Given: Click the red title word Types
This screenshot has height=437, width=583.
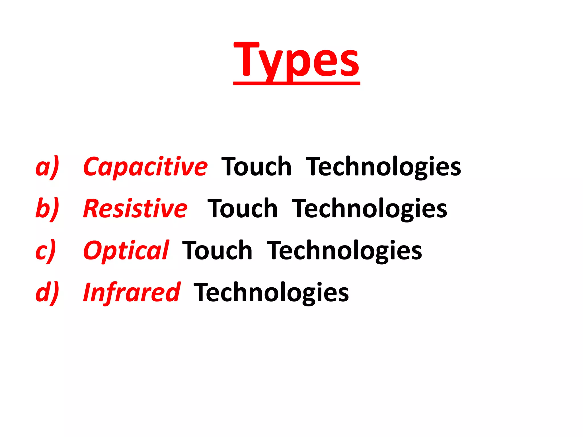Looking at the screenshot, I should click(x=297, y=60).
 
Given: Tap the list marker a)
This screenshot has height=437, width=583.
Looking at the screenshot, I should click(x=47, y=167).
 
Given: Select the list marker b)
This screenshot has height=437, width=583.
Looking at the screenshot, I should click(x=47, y=209).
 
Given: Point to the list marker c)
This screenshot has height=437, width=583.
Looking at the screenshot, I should click(x=46, y=251).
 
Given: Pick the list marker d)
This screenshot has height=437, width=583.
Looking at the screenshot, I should click(x=47, y=292).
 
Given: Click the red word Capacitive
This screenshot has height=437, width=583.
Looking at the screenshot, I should click(x=145, y=167).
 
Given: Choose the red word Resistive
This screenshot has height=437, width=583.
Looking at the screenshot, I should click(x=135, y=209).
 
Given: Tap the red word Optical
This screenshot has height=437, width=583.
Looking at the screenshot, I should click(x=126, y=251).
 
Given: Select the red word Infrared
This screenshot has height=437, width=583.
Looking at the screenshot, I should click(x=132, y=292).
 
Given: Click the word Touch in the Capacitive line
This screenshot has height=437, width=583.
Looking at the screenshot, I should click(x=256, y=167).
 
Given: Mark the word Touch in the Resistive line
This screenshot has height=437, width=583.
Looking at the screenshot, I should click(x=243, y=209).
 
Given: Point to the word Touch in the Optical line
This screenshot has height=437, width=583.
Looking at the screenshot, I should click(x=217, y=251).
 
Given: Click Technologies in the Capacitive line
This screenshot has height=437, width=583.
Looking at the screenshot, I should click(x=383, y=167).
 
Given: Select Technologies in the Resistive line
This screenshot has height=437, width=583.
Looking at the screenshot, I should click(x=369, y=209).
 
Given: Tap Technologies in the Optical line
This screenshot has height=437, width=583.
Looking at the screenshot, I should click(x=344, y=251).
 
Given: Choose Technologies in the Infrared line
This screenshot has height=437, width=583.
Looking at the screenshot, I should click(x=271, y=292).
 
